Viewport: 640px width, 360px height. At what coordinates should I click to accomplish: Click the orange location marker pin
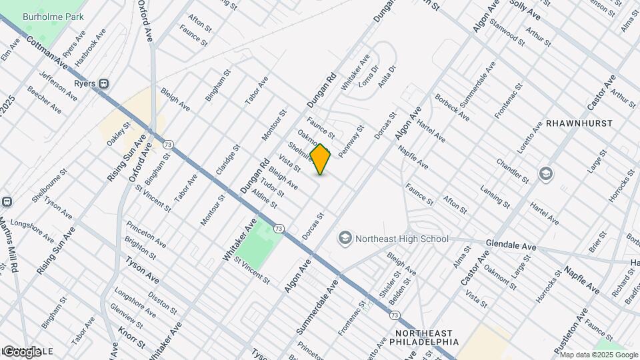click(321, 159)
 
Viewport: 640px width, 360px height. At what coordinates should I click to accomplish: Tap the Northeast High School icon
click(345, 238)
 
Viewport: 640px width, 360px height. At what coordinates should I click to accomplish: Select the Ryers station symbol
click(104, 83)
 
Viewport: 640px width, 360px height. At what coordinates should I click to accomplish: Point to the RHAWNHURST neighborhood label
click(575, 124)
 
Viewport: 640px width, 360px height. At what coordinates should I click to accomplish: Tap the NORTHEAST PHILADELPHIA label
click(423, 337)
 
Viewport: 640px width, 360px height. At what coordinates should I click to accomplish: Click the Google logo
click(21, 351)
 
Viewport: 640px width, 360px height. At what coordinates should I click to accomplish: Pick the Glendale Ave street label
click(511, 244)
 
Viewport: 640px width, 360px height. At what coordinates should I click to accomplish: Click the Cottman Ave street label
click(49, 51)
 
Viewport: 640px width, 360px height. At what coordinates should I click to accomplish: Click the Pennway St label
click(351, 141)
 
